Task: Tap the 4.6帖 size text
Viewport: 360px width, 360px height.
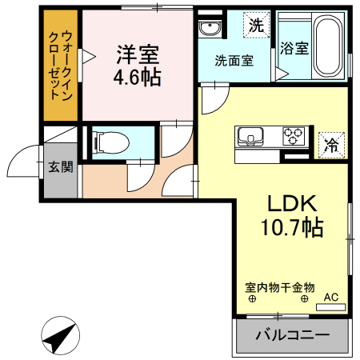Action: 138,78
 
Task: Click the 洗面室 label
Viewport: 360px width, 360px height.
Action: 234,60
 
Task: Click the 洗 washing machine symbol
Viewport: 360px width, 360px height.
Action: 255,26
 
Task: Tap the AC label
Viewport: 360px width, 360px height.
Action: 330,298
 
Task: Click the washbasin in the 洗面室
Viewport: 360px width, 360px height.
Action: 211,30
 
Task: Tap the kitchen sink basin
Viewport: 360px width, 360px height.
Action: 247,135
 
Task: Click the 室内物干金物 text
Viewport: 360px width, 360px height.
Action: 280,286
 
